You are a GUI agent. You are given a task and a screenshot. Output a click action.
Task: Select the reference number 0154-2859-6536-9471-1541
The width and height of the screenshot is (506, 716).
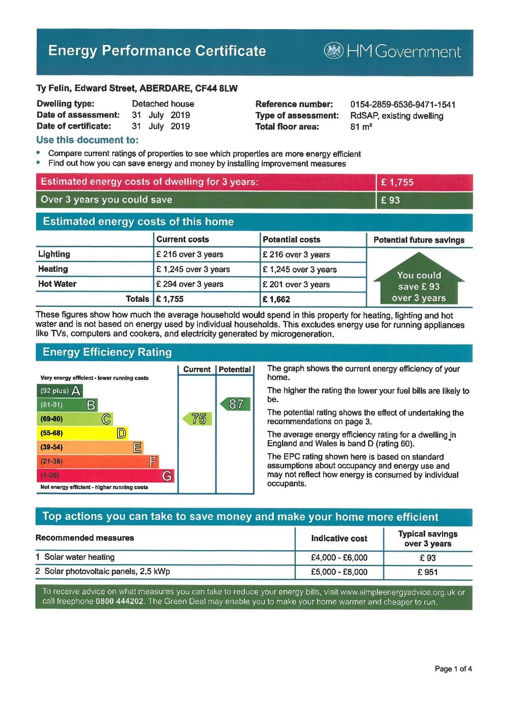[x=402, y=105]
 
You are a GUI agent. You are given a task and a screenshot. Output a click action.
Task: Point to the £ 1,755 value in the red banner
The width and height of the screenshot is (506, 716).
[x=397, y=182]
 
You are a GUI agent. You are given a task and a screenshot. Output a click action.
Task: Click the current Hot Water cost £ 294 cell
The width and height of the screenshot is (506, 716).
[x=190, y=284]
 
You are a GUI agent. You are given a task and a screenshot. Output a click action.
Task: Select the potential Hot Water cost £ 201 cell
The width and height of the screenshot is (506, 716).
[x=296, y=284]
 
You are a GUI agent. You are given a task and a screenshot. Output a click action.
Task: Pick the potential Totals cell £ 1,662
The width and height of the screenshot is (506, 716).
[x=277, y=299]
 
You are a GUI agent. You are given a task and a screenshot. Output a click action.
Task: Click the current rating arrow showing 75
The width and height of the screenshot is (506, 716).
[x=198, y=419]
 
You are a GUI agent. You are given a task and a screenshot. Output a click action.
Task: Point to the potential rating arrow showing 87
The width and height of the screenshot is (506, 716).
[x=235, y=404]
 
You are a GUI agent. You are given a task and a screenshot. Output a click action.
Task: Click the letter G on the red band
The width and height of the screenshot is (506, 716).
[x=167, y=476]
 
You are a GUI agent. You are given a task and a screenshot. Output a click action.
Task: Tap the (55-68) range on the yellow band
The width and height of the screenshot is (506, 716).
[x=51, y=433]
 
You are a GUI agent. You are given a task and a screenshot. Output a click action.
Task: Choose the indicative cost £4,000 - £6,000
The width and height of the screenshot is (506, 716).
[x=339, y=557]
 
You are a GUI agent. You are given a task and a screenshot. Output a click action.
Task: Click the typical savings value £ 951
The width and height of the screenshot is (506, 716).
[x=427, y=572]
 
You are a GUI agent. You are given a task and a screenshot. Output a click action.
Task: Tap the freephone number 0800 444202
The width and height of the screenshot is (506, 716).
[x=120, y=602]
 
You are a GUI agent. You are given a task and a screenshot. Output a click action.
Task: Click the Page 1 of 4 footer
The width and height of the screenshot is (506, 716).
[x=453, y=669]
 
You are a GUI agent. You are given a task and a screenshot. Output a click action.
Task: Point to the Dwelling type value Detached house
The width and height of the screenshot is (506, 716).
[x=163, y=104]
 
